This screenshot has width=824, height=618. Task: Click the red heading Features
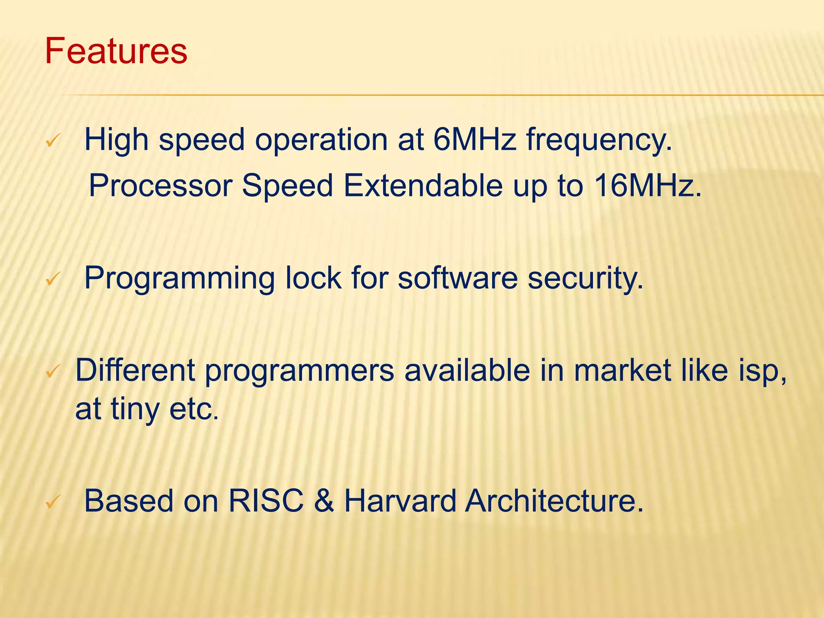[x=116, y=51]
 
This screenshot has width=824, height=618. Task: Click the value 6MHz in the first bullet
[x=475, y=140]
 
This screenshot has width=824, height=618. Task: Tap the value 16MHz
[x=647, y=185]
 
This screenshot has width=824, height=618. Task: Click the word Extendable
[x=423, y=185]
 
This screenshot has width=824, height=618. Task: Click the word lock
[x=313, y=278]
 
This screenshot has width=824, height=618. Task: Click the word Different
[x=135, y=370]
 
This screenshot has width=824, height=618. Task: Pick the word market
[x=622, y=370]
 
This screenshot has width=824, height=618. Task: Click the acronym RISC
[x=266, y=501]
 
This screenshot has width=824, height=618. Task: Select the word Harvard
[x=400, y=501]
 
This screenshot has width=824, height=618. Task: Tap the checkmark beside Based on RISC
[x=53, y=502]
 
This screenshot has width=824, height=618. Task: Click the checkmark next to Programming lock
[x=53, y=279]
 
